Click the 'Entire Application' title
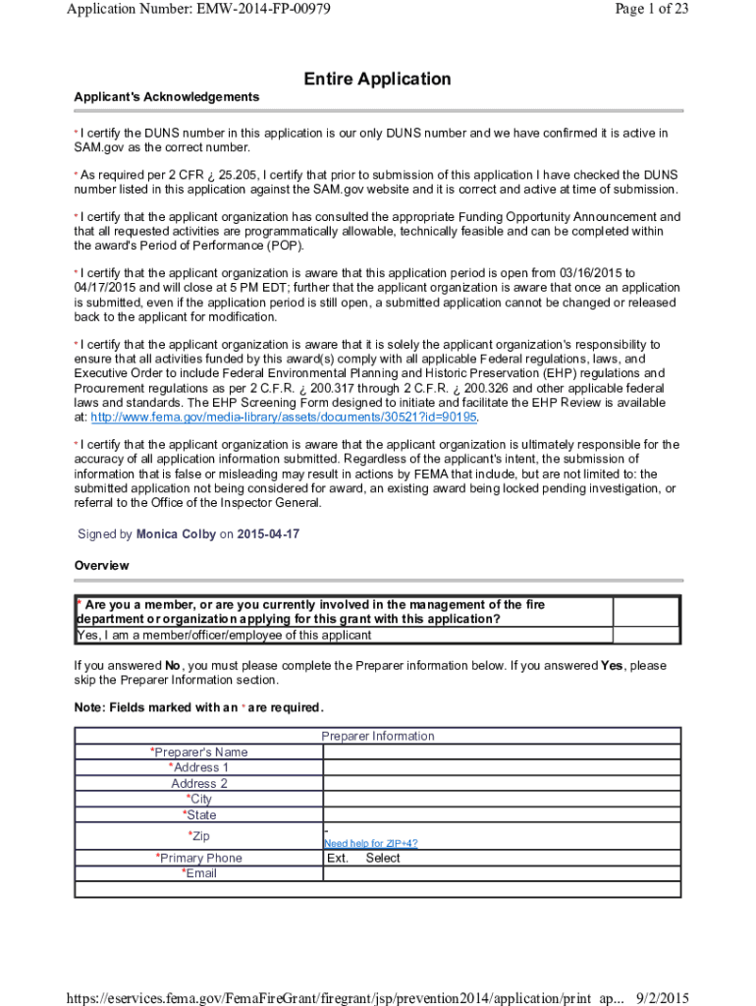(x=377, y=79)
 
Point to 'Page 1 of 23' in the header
(x=649, y=10)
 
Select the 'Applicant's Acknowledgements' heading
(x=167, y=97)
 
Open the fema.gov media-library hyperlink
(x=284, y=418)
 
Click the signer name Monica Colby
(x=176, y=534)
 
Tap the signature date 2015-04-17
(x=268, y=534)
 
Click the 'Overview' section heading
(x=102, y=566)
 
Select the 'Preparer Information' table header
(x=377, y=736)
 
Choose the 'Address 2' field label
(x=199, y=784)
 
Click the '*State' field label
(x=199, y=815)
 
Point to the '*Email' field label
(x=199, y=873)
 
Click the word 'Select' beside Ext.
(x=383, y=859)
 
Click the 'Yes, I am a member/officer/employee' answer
(x=223, y=635)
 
